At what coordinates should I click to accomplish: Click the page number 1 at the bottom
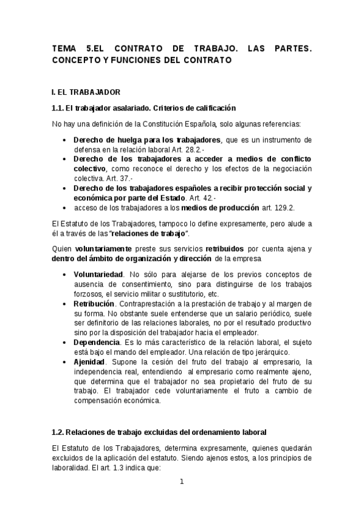coord(181,482)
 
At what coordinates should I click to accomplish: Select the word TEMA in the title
coord(64,49)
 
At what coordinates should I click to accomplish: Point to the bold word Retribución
coord(94,303)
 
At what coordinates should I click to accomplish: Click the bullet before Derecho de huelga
coord(65,140)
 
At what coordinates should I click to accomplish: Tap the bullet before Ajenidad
coord(65,362)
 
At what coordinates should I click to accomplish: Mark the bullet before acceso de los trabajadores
coord(65,208)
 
